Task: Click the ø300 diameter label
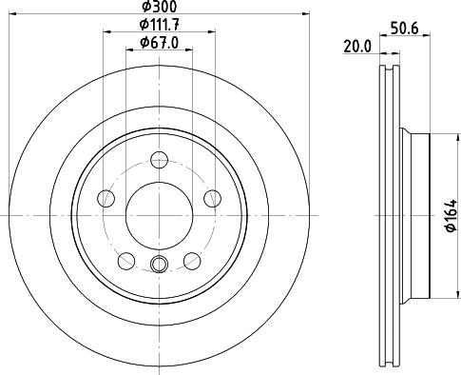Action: (159, 7)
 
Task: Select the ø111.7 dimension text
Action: (159, 24)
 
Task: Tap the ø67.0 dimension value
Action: (159, 42)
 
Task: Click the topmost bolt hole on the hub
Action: (159, 159)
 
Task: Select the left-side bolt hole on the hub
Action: (106, 198)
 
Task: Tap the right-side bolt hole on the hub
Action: (211, 198)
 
